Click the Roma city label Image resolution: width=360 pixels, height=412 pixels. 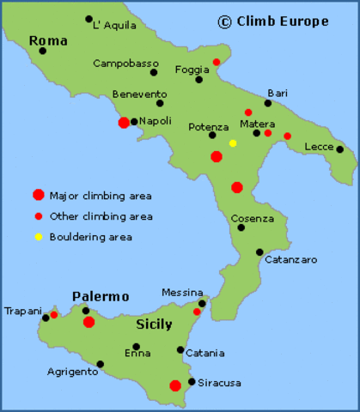[x=47, y=40]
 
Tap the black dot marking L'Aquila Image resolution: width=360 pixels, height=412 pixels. [x=88, y=19]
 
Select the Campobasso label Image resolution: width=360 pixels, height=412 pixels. [x=125, y=63]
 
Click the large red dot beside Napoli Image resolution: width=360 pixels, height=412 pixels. [x=124, y=123]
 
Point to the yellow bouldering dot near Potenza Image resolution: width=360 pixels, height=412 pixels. [x=233, y=143]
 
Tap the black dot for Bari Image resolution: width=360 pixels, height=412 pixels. [x=267, y=104]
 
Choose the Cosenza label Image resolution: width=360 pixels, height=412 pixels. [x=252, y=218]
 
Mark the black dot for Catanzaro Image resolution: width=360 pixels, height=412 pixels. [x=259, y=251]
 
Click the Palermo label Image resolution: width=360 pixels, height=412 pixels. [x=100, y=297]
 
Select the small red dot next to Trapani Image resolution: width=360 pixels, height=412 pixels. [x=54, y=315]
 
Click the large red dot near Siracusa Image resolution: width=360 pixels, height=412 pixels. [x=175, y=385]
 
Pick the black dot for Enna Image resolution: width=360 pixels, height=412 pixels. [x=136, y=347]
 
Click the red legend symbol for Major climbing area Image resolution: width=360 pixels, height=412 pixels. [x=38, y=195]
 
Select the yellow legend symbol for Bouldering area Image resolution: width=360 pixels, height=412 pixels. [x=38, y=237]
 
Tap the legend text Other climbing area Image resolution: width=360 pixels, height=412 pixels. [x=101, y=216]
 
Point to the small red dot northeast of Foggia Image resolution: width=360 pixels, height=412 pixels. [x=217, y=62]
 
